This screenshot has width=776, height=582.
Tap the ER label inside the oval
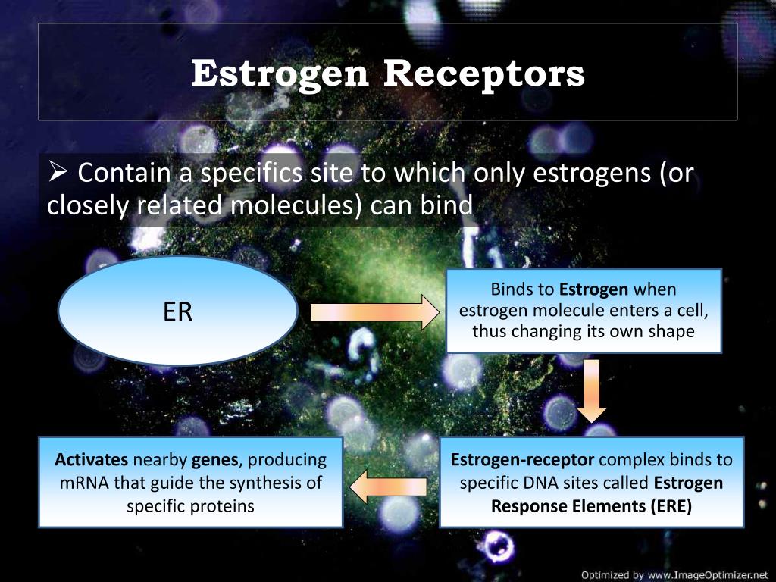pos(177,311)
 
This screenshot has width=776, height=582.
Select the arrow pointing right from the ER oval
pos(374,312)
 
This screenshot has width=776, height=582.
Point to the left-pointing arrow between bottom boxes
pos(388,487)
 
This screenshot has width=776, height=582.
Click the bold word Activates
pos(91,460)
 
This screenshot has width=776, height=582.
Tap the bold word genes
pos(214,461)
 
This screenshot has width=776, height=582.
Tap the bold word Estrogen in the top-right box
pos(594,289)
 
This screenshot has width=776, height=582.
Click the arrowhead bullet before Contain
pos(58,172)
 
